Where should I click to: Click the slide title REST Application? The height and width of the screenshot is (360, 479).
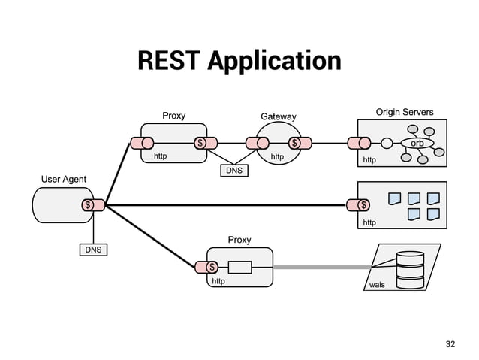239,61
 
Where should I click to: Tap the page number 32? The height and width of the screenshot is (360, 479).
450,343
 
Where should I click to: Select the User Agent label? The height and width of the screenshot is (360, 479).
63,179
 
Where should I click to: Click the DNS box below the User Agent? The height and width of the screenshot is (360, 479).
93,249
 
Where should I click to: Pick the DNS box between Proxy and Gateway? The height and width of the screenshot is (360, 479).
233,171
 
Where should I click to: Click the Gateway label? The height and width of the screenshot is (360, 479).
278,116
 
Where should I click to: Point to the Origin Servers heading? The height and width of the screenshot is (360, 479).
404,112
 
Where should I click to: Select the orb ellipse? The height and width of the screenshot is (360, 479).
417,143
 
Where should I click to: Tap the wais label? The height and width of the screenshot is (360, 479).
376,285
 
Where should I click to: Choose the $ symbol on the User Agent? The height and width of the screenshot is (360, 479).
88,204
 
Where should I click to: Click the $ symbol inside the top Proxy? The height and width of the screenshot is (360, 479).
200,143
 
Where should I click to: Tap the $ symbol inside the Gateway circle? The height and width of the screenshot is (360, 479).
294,143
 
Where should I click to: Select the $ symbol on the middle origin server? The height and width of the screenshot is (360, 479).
364,204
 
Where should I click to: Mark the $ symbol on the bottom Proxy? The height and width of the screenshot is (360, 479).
212,267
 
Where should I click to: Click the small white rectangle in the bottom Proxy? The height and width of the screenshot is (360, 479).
239,267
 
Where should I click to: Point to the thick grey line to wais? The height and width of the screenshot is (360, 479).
323,267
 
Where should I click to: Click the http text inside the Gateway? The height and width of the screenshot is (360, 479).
277,157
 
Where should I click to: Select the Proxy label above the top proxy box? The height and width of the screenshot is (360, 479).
174,116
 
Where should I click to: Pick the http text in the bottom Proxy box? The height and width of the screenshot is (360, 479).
218,281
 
